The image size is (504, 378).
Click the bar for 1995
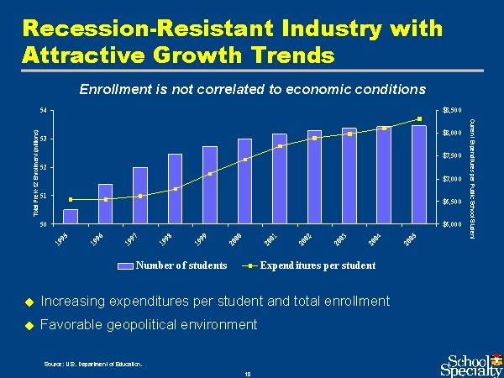click(71, 217)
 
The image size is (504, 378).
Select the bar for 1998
click(175, 189)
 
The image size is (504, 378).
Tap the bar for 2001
click(280, 179)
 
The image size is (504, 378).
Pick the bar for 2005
click(419, 175)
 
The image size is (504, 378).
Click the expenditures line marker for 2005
click(419, 119)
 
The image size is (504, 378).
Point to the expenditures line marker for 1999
click(210, 174)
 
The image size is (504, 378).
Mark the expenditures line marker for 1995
click(71, 199)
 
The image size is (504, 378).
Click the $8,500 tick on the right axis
click(450, 110)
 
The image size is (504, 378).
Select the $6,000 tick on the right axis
click(450, 225)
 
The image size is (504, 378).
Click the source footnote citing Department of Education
click(93, 364)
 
